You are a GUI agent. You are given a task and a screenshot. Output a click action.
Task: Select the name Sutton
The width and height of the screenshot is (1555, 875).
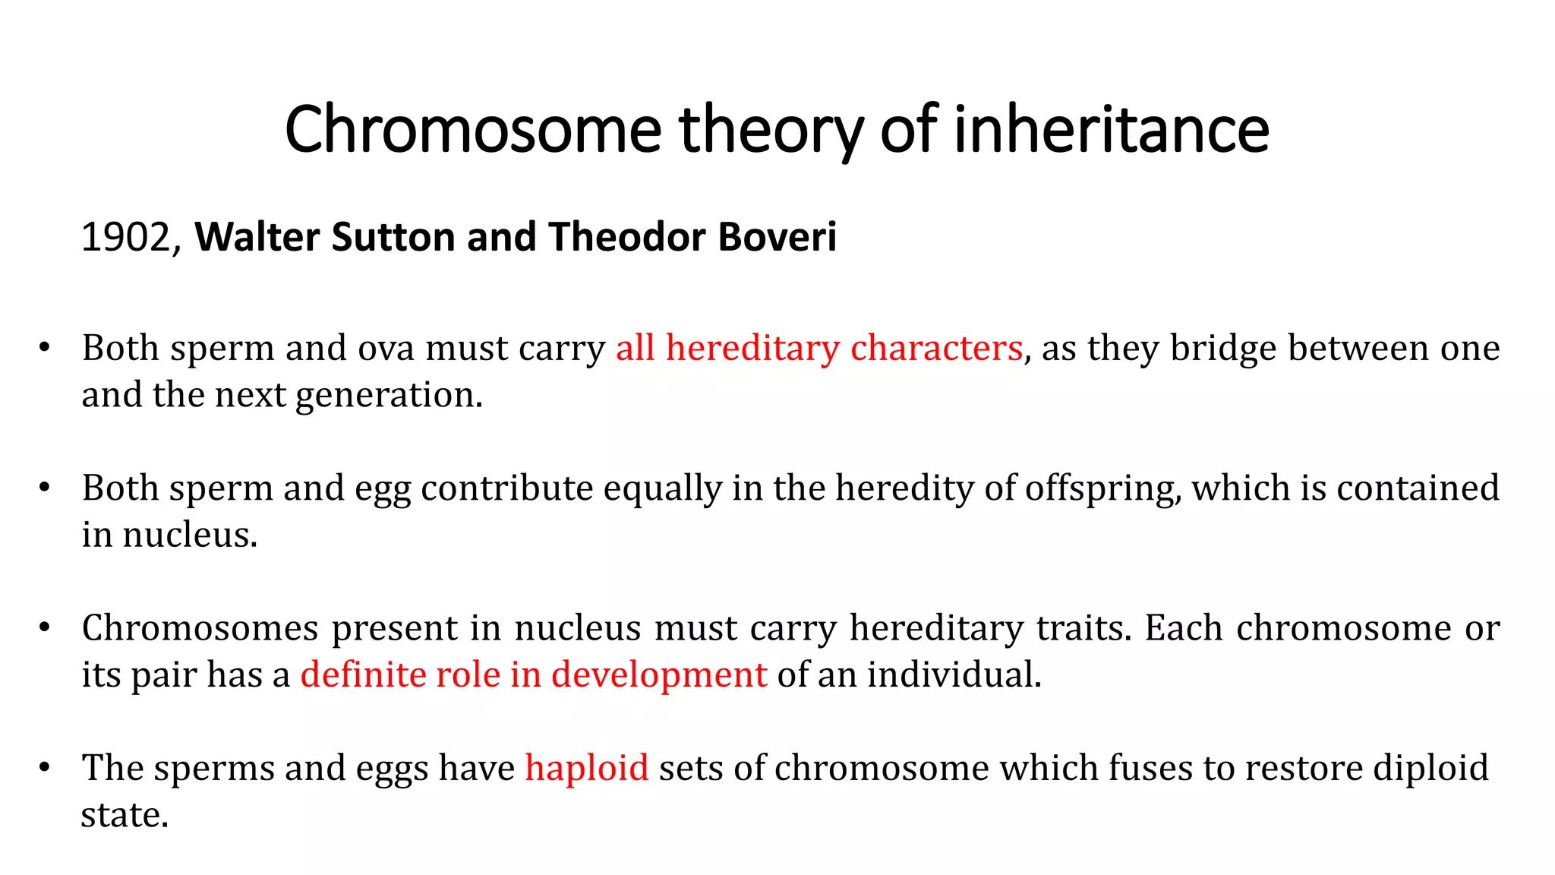tap(393, 237)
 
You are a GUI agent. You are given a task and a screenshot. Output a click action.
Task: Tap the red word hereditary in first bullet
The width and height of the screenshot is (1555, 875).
tap(752, 348)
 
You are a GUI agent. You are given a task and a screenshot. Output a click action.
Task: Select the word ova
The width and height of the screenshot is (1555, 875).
tap(386, 348)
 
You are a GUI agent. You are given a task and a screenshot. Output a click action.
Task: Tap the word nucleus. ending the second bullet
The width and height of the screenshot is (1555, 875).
tap(190, 535)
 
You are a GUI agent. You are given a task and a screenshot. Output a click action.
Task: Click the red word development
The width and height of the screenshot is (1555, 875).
tap(659, 674)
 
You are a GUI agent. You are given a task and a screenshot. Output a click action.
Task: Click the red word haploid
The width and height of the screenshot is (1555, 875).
tap(587, 768)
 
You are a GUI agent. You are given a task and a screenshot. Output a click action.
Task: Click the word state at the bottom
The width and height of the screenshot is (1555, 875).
tap(124, 815)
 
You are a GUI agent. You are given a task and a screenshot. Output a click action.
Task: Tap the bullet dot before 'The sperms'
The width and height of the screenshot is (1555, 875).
tap(45, 768)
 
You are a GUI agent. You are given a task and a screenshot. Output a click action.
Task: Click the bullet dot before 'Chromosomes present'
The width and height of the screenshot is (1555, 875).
tap(45, 628)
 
